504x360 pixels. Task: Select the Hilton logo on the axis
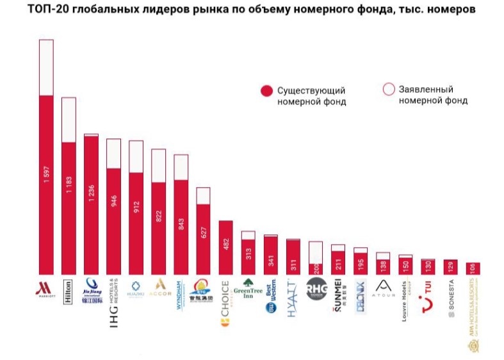point(69,292)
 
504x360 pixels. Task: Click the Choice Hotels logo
point(226,303)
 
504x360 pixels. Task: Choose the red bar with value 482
point(225,247)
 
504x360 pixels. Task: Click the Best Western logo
point(271,297)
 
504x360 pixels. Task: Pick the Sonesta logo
point(451,296)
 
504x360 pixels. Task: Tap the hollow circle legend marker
point(388,90)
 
